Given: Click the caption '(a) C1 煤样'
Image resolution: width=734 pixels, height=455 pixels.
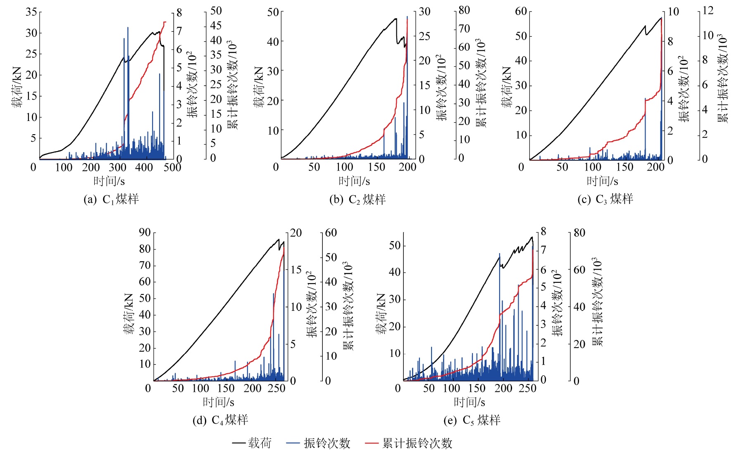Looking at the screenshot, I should pyautogui.click(x=111, y=199).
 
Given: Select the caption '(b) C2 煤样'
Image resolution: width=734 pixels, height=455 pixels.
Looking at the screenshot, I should pyautogui.click(x=357, y=199).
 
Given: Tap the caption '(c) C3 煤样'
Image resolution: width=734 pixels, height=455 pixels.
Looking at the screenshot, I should pyautogui.click(x=605, y=199).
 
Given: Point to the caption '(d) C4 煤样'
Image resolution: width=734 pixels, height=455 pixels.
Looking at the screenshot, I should pyautogui.click(x=220, y=420).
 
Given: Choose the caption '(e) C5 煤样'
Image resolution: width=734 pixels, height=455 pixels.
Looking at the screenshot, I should pyautogui.click(x=472, y=420).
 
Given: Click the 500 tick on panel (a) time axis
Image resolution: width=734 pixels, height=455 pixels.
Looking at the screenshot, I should pyautogui.click(x=172, y=167).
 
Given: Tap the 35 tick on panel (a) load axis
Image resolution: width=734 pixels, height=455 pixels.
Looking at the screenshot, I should pyautogui.click(x=31, y=12).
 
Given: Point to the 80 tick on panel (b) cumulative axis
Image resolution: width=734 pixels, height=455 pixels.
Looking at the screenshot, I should pyautogui.click(x=465, y=10).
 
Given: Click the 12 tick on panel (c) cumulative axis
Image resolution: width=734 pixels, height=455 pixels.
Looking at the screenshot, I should pyautogui.click(x=708, y=10).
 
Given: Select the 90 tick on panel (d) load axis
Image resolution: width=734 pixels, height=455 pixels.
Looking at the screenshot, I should pyautogui.click(x=145, y=232).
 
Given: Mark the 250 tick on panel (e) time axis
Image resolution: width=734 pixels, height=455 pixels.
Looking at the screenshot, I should pyautogui.click(x=527, y=389).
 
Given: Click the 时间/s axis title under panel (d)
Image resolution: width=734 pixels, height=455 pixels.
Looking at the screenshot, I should pyautogui.click(x=218, y=402).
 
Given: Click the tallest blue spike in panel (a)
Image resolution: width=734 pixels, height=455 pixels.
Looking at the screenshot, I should pyautogui.click(x=128, y=28).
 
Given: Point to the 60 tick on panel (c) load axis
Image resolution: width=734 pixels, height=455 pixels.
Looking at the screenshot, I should pyautogui.click(x=521, y=11).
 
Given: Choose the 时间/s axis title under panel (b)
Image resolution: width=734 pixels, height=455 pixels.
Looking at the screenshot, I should pyautogui.click(x=354, y=181).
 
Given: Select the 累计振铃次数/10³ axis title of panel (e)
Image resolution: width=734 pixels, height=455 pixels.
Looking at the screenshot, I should pyautogui.click(x=597, y=301).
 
